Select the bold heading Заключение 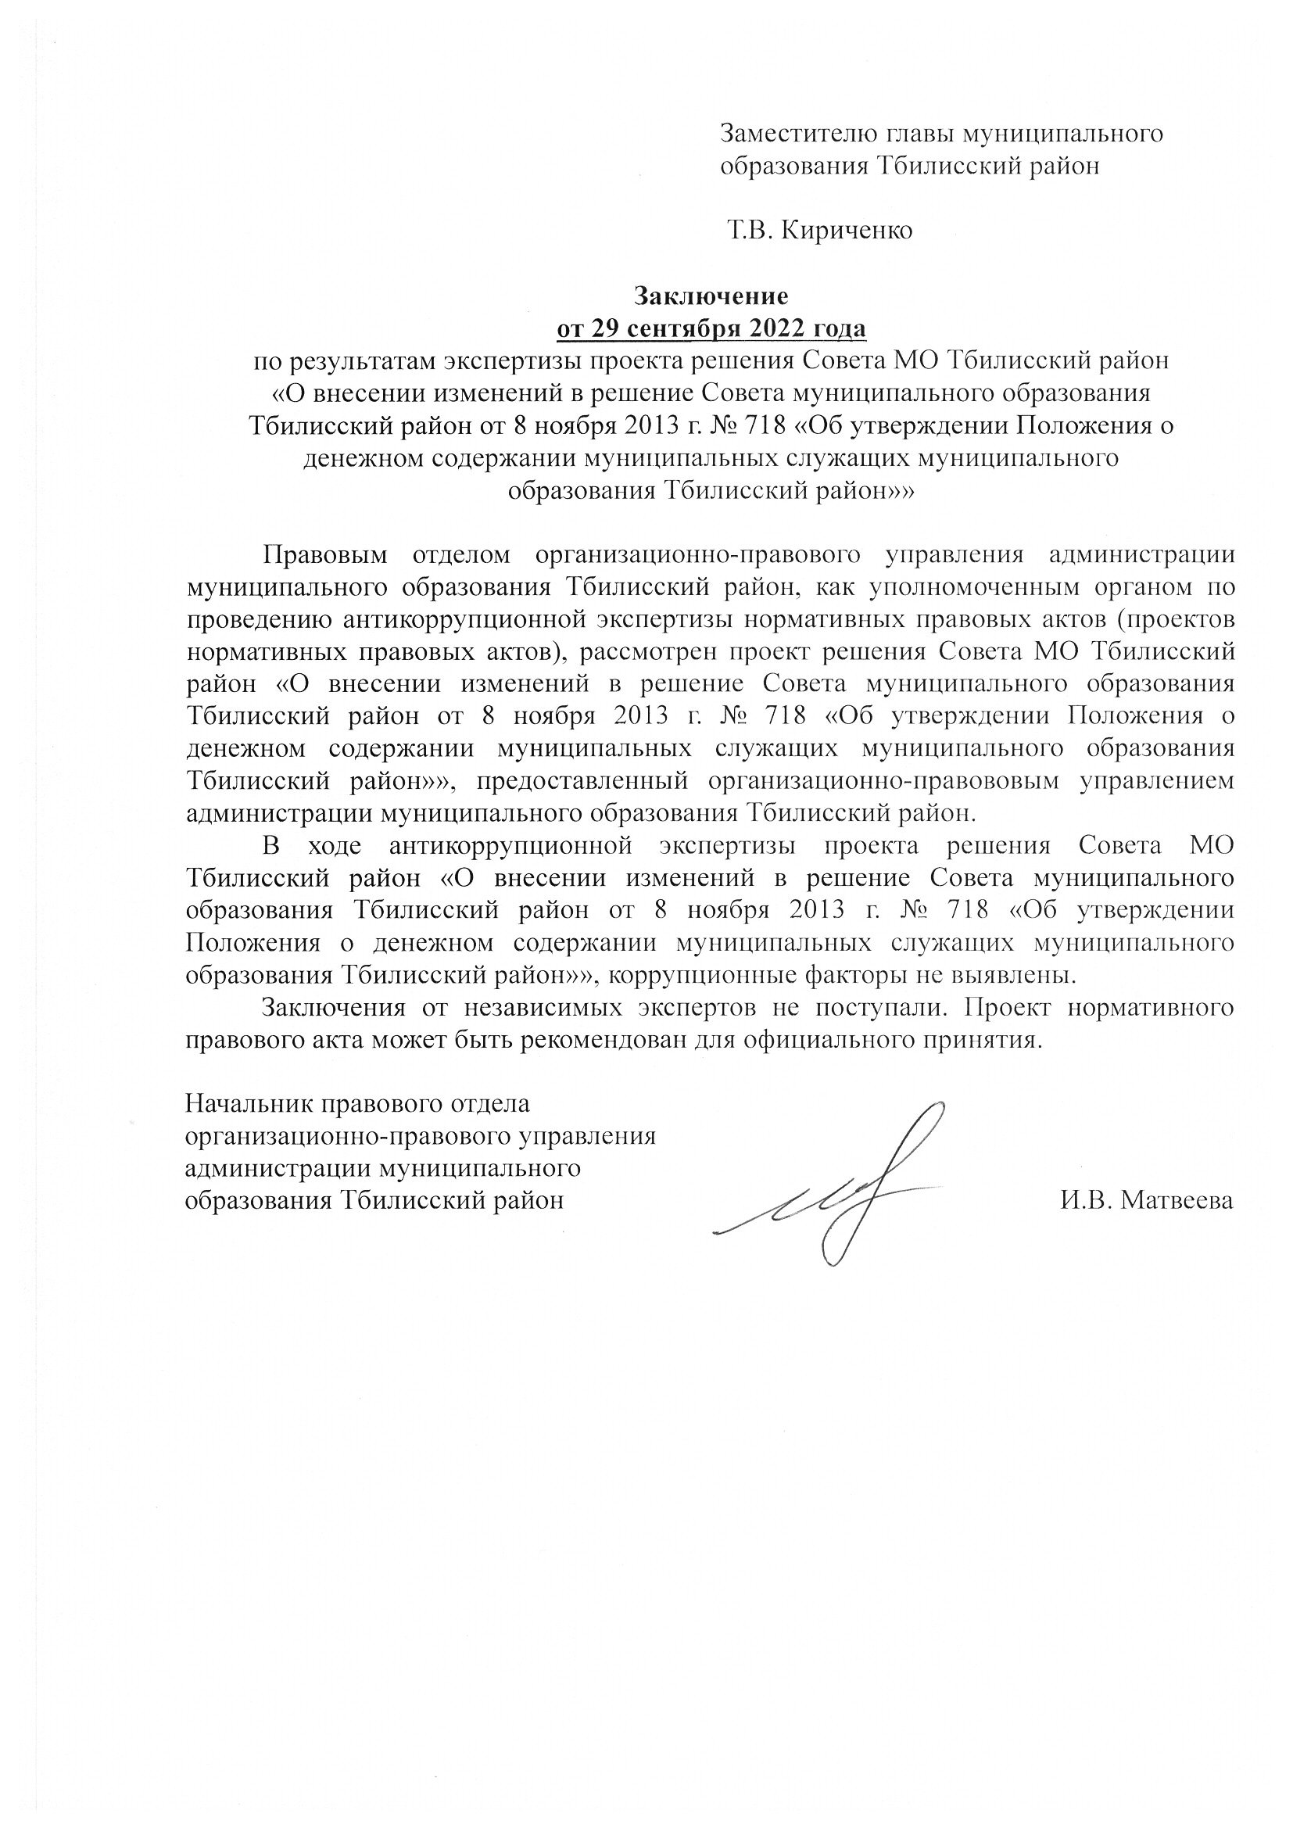pyautogui.click(x=710, y=296)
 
